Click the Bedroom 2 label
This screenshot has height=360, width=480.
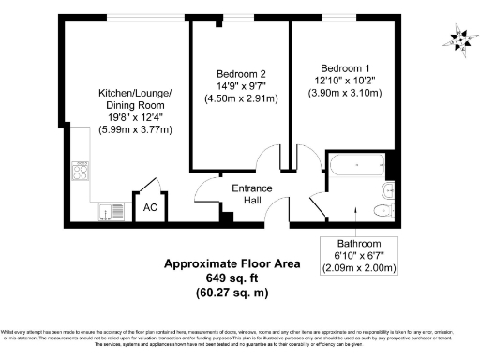pyautogui.click(x=243, y=74)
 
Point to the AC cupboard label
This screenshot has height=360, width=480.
pyautogui.click(x=149, y=207)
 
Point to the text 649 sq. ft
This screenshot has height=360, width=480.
pyautogui.click(x=232, y=278)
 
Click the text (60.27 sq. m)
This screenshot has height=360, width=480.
pyautogui.click(x=232, y=292)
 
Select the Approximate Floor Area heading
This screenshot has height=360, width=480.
pyautogui.click(x=232, y=264)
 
